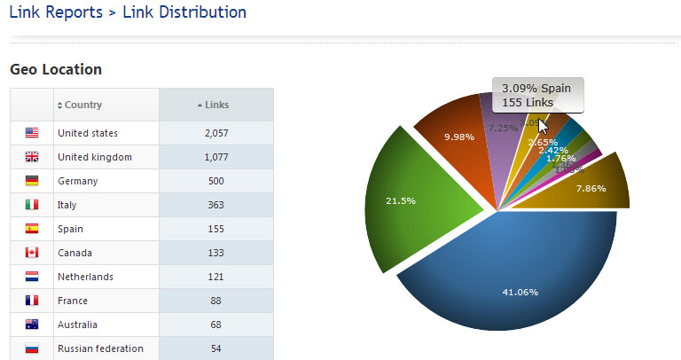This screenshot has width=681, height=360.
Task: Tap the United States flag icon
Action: (32, 133)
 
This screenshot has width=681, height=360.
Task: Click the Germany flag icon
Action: (32, 181)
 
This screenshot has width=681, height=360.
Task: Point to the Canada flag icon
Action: (32, 253)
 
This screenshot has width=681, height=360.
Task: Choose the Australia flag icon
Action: (32, 325)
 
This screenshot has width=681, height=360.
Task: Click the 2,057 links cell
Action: (216, 133)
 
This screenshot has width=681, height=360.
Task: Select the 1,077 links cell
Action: (216, 157)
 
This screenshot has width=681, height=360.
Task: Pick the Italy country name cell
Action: (67, 205)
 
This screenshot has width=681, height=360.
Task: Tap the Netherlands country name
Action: (85, 277)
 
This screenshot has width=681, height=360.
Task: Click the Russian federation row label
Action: (100, 348)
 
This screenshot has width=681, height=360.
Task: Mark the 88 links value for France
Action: (216, 301)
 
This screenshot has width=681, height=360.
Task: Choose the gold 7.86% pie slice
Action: (594, 184)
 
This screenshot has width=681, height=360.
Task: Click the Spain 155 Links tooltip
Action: (537, 95)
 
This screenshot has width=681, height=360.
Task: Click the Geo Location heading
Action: (55, 68)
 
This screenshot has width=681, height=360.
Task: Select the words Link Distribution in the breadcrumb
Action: (184, 12)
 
